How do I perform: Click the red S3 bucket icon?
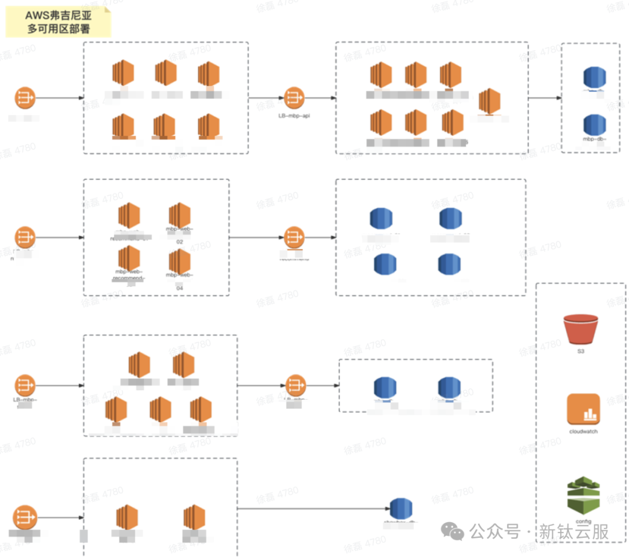click(x=581, y=329)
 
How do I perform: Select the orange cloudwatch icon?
click(x=583, y=409)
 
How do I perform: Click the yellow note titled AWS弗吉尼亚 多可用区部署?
click(x=58, y=22)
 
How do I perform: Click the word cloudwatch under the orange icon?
click(x=583, y=432)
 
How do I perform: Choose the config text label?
click(x=583, y=521)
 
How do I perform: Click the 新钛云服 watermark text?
click(x=574, y=532)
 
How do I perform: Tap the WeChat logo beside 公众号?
click(x=453, y=531)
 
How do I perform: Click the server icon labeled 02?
click(x=179, y=215)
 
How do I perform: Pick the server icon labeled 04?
click(x=179, y=262)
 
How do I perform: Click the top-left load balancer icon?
click(x=25, y=98)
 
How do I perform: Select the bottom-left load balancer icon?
click(x=25, y=517)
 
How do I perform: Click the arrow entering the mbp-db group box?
click(x=544, y=98)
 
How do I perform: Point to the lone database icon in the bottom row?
click(x=401, y=509)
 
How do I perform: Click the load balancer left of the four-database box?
click(x=294, y=237)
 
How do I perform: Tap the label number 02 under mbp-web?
click(x=179, y=241)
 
